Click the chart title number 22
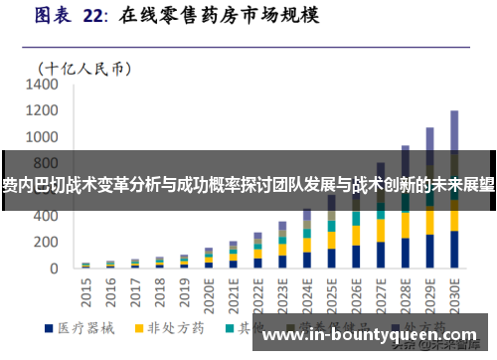pyautogui.click(x=99, y=16)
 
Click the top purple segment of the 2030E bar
pyautogui.click(x=454, y=129)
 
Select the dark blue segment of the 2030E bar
pyautogui.click(x=454, y=250)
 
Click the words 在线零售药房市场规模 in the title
pyautogui.click(x=208, y=16)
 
